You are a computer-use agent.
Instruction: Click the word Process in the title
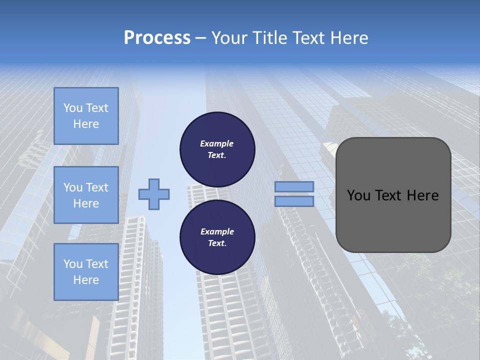click(157, 38)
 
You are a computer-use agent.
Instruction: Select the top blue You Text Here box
click(86, 116)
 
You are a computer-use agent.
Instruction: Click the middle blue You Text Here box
click(86, 195)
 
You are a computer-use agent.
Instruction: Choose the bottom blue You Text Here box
click(86, 272)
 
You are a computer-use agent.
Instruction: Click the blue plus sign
click(154, 194)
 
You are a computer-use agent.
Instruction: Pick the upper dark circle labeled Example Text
click(217, 149)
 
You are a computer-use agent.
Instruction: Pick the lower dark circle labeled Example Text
click(217, 237)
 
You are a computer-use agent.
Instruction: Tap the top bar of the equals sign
click(294, 187)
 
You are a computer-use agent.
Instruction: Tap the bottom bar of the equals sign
click(294, 201)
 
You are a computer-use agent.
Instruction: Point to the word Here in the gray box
click(423, 195)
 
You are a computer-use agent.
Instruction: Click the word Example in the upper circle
click(217, 144)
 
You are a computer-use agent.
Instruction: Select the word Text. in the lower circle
click(217, 243)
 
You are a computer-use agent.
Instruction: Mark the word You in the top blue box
click(73, 108)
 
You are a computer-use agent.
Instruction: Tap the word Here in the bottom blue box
click(86, 280)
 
